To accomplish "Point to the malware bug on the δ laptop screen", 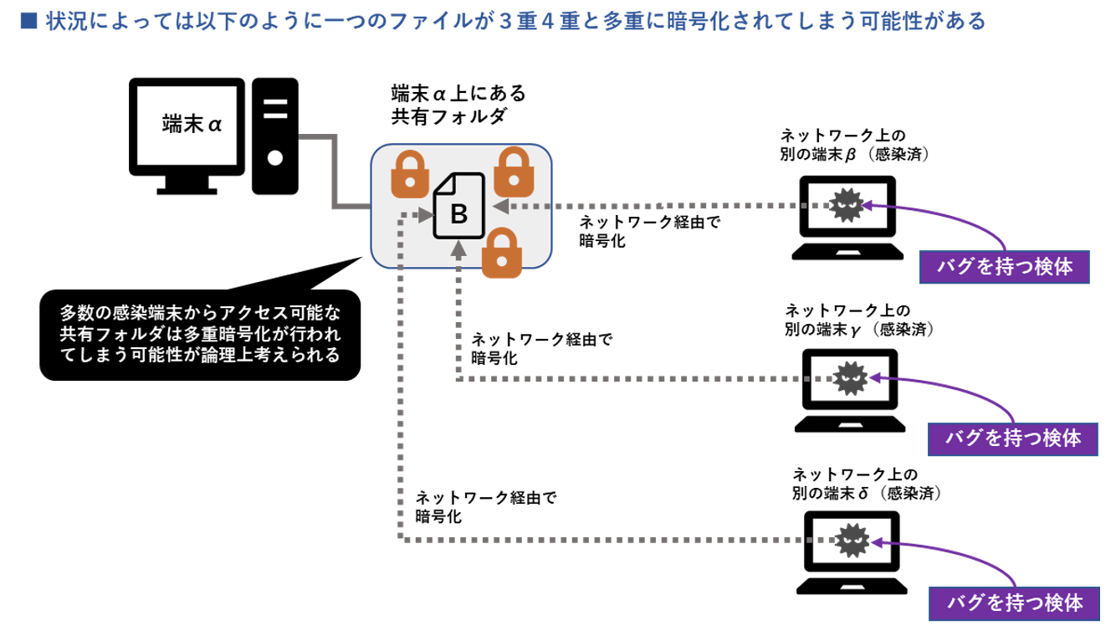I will pyautogui.click(x=852, y=537).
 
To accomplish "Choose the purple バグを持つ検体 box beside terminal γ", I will pyautogui.click(x=1013, y=438).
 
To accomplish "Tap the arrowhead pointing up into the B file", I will pyautogui.click(x=458, y=249).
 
